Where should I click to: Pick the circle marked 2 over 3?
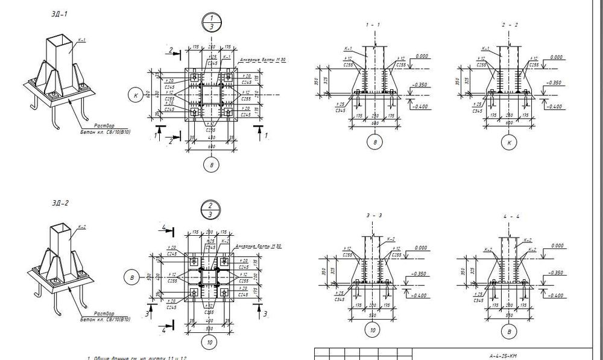click(210, 209)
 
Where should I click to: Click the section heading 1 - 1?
click(373, 25)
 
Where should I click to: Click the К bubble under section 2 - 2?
click(510, 143)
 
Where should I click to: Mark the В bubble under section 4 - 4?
click(510, 332)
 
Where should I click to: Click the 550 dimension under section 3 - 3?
click(373, 315)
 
